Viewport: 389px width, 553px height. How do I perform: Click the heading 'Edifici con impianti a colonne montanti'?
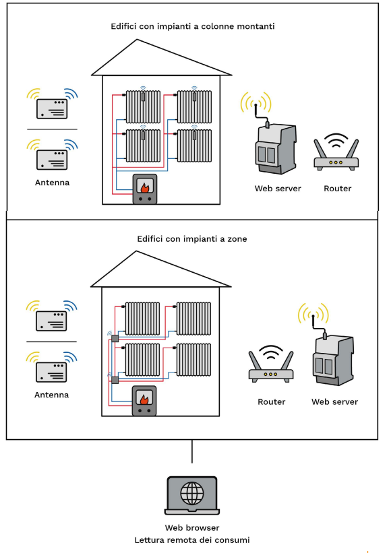(x=193, y=26)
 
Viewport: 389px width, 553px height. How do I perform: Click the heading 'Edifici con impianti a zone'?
(x=192, y=238)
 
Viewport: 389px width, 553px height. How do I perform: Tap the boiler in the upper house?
(x=145, y=189)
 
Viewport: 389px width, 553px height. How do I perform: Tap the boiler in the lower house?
(x=144, y=401)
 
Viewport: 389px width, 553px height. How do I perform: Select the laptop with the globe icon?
(x=192, y=496)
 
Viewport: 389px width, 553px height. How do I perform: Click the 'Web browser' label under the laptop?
(x=192, y=527)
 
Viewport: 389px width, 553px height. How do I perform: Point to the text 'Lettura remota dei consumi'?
(x=192, y=540)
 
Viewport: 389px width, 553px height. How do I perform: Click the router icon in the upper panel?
(x=336, y=152)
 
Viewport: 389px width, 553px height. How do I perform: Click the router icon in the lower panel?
(x=271, y=364)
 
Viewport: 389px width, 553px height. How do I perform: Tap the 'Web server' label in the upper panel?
(x=278, y=189)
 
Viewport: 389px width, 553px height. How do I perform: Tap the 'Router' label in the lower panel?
(x=272, y=401)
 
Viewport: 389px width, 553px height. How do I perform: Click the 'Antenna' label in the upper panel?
(x=52, y=183)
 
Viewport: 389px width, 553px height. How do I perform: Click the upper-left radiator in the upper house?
(x=143, y=107)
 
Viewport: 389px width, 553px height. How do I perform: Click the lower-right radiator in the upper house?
(x=194, y=145)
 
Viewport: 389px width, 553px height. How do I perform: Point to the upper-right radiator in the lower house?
(x=193, y=319)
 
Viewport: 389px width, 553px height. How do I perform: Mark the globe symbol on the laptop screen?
(x=192, y=494)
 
